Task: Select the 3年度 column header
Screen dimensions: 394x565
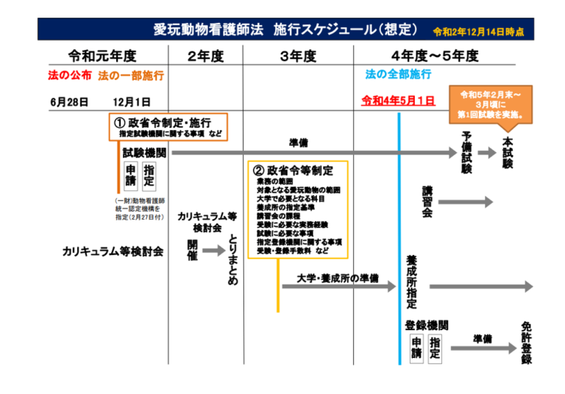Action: tap(298, 56)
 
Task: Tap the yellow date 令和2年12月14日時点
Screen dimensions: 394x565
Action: tap(483, 32)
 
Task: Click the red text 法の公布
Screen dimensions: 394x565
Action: tap(71, 75)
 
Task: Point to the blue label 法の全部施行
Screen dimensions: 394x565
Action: tap(398, 75)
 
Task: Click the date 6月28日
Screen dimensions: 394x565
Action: tap(70, 101)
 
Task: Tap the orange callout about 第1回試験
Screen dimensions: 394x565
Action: tap(491, 105)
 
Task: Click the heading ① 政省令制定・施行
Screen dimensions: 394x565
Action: tap(168, 121)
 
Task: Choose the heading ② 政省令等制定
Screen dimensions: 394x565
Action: tap(292, 171)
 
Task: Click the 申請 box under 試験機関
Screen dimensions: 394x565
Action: tap(131, 176)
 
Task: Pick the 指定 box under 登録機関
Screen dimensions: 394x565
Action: tap(435, 348)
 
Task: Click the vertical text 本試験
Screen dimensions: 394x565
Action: tap(507, 152)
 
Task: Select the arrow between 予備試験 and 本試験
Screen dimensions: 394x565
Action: tap(487, 153)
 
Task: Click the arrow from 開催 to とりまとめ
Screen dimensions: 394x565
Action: tap(213, 251)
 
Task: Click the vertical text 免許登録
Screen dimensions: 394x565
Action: tap(527, 343)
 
